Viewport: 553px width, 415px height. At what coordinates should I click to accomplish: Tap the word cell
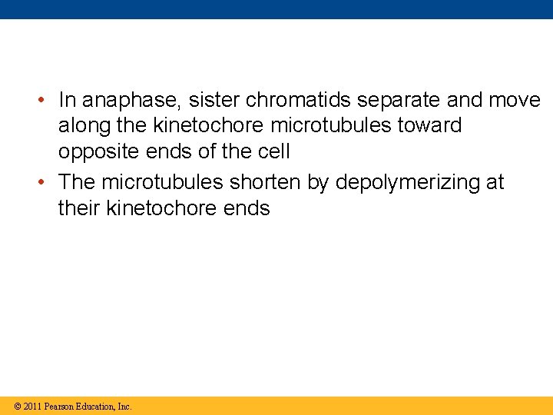pyautogui.click(x=275, y=151)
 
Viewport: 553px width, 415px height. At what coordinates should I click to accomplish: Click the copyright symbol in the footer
pyautogui.click(x=17, y=406)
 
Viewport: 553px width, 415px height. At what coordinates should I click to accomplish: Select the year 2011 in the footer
pyautogui.click(x=32, y=406)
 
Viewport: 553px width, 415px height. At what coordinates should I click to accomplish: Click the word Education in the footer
pyautogui.click(x=95, y=406)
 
